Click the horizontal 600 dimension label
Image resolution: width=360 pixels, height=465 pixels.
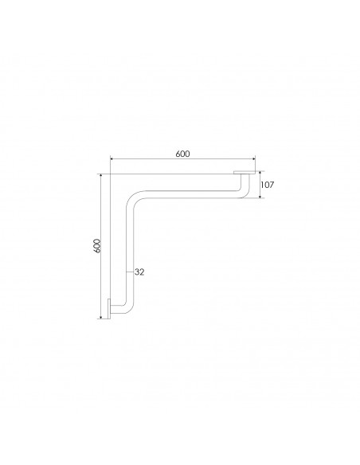click(182, 154)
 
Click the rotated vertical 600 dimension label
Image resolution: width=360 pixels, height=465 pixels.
click(97, 246)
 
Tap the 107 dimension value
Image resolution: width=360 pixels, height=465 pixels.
click(267, 185)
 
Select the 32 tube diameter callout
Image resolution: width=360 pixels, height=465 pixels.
click(139, 272)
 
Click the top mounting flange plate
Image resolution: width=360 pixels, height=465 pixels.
click(245, 172)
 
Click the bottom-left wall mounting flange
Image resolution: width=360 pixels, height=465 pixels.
click(109, 309)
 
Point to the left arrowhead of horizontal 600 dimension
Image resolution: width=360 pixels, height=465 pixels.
click(112, 159)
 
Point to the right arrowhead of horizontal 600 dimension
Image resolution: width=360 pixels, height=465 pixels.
click(253, 159)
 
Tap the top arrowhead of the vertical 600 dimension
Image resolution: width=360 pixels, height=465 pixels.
click(101, 176)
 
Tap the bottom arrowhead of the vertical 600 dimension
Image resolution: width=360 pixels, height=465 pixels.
click(101, 317)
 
